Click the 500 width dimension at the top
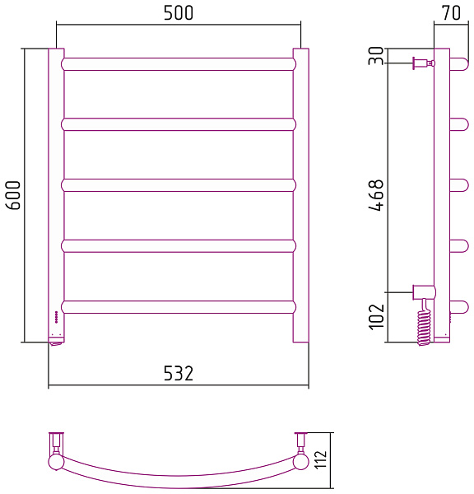[179, 13]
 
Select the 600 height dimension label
[13, 195]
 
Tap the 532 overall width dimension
[179, 373]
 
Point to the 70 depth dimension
[451, 12]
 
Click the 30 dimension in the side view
[376, 56]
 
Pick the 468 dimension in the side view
[376, 195]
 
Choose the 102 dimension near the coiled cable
[376, 317]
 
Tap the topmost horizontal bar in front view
[179, 64]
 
